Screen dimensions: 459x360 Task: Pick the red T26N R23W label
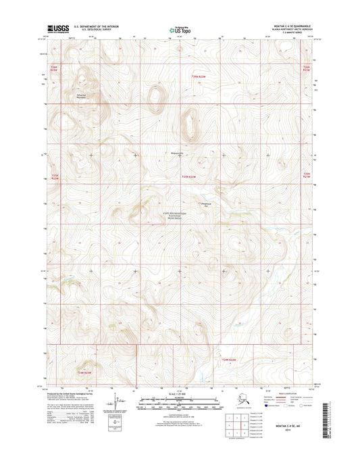(x=55, y=68)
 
